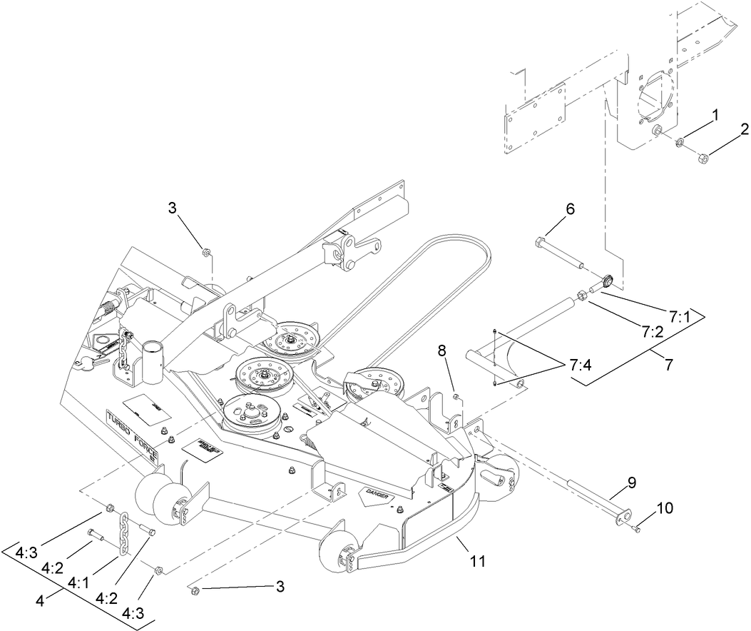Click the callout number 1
pyautogui.click(x=715, y=113)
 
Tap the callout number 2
pyautogui.click(x=743, y=129)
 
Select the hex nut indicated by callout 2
pyautogui.click(x=703, y=156)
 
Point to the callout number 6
pyautogui.click(x=570, y=209)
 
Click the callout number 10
pyautogui.click(x=664, y=508)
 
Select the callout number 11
pyautogui.click(x=477, y=561)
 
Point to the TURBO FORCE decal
pyautogui.click(x=133, y=436)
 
